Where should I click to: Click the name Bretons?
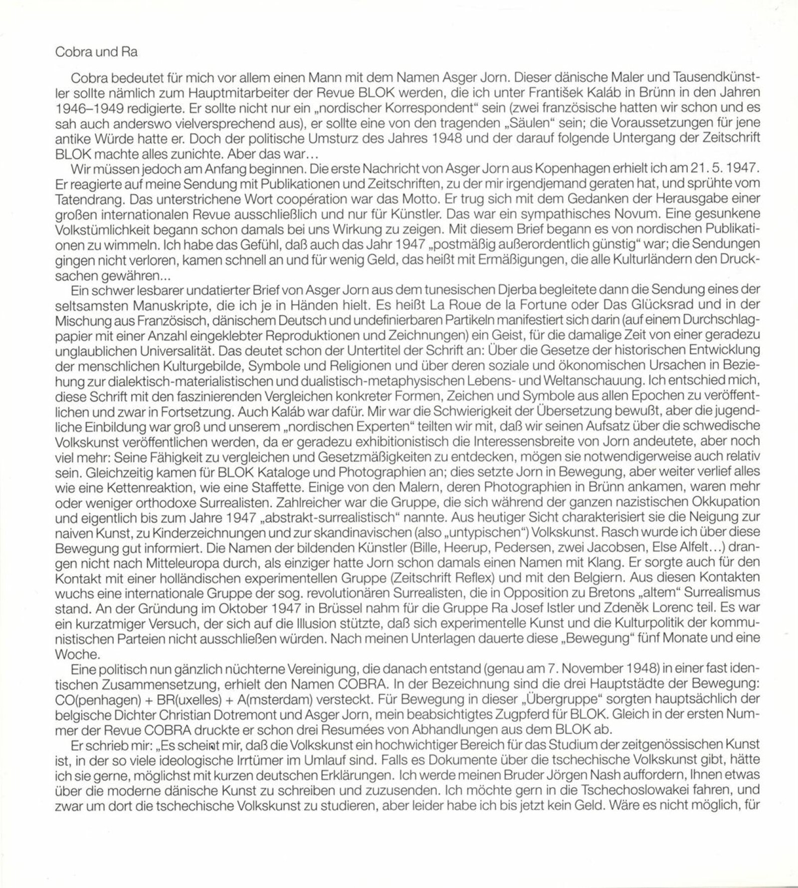(605, 592)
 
